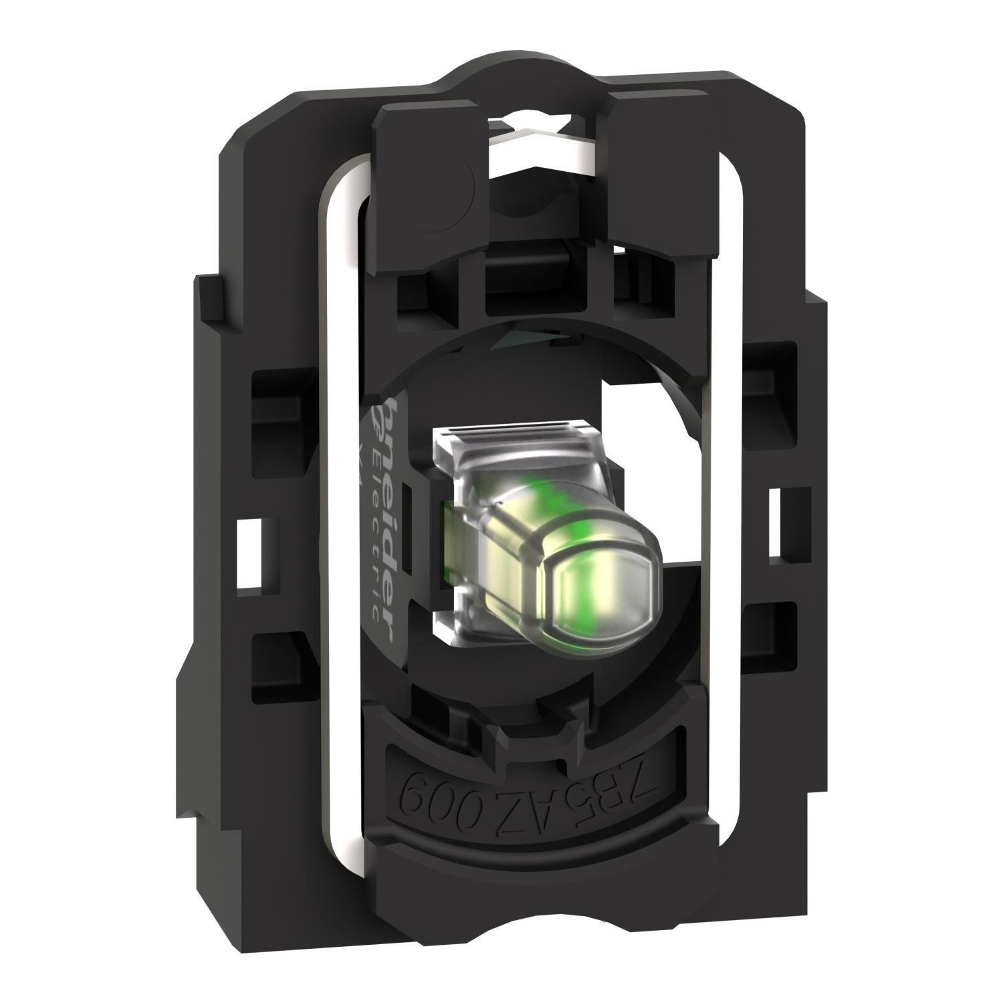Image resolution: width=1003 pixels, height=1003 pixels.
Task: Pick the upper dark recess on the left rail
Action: pos(267,388)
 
